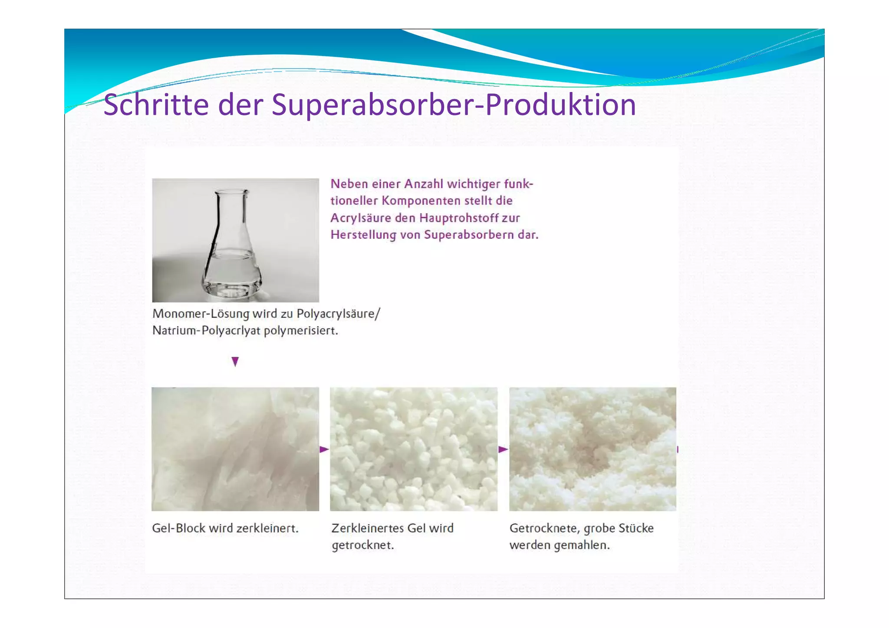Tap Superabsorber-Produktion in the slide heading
[x=454, y=105]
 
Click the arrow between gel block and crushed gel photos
[x=324, y=449]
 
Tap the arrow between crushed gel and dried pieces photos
[x=503, y=449]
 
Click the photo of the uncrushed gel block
[x=235, y=449]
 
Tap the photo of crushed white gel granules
[x=414, y=449]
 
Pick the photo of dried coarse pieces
[x=593, y=449]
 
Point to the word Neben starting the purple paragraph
[x=349, y=184]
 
